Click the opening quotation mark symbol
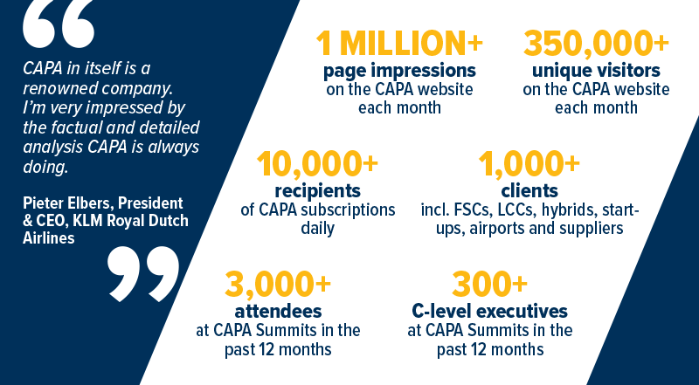59,24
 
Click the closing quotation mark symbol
143,273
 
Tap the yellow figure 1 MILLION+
399,44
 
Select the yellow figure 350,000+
596,44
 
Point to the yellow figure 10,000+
317,164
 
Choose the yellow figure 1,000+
529,164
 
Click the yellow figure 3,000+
278,285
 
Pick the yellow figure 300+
489,285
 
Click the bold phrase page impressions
399,72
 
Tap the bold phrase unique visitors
596,71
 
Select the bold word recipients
317,191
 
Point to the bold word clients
529,191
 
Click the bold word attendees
278,312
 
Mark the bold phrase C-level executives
489,312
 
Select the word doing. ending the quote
45,168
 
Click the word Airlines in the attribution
49,238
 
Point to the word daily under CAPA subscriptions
317,229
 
